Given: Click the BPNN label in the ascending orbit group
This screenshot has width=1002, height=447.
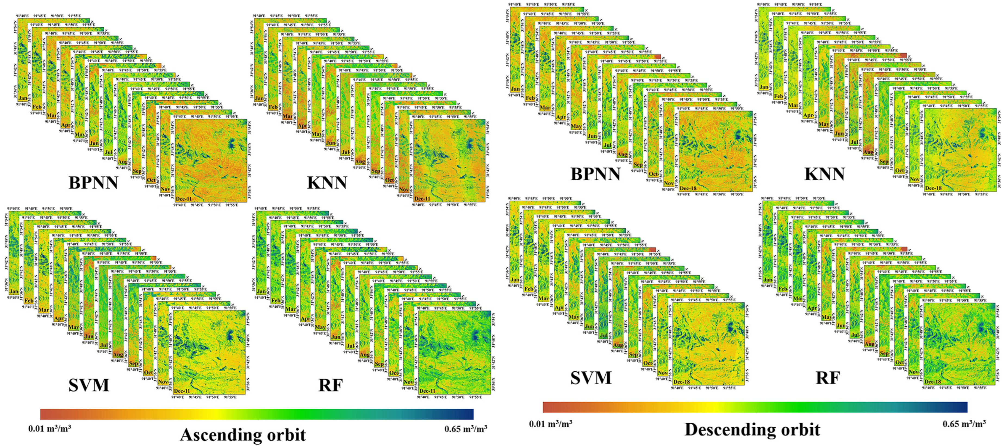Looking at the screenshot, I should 93,182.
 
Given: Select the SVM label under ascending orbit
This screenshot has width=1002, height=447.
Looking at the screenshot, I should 89,385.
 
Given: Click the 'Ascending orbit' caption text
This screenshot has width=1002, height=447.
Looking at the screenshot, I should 243,434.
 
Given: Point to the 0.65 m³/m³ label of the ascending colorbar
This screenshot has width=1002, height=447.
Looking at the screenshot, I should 466,429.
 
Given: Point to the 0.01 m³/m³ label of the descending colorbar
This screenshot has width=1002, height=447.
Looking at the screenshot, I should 550,423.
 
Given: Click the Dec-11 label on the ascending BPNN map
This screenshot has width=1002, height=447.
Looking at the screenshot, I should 183,199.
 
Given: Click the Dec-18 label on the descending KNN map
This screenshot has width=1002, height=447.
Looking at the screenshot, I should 933,188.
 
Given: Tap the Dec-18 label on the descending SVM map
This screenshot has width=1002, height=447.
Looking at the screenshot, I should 682,382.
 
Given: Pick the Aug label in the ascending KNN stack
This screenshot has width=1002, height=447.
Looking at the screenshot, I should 360,161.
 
